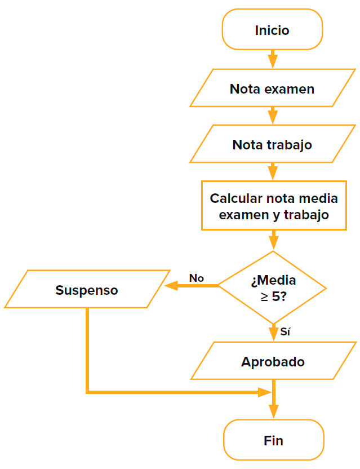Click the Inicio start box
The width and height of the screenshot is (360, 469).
272,30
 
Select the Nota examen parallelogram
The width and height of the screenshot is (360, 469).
272,89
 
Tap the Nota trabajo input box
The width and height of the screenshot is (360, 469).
272,144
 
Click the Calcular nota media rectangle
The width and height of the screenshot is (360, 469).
274,206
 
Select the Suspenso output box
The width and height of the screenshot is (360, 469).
87,290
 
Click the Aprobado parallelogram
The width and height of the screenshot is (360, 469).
273,361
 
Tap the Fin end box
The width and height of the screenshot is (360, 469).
273,440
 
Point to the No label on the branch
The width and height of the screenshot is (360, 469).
196,278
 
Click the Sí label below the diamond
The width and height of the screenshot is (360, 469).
285,332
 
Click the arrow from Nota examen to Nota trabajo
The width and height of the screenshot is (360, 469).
273,116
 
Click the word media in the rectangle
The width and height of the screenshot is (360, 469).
319,198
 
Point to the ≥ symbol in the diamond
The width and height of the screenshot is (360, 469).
264,296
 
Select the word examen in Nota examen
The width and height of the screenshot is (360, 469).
289,89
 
